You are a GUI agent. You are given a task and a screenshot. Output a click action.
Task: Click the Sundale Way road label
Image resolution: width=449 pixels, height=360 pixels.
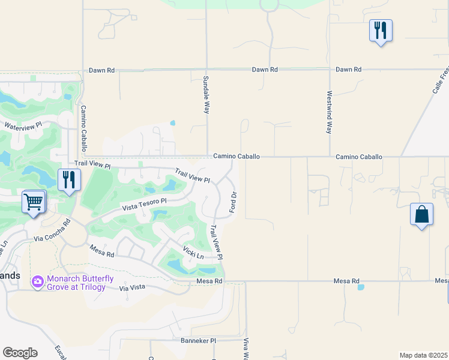click(x=206, y=95)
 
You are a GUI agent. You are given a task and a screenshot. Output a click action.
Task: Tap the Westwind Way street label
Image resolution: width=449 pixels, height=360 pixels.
click(x=330, y=112)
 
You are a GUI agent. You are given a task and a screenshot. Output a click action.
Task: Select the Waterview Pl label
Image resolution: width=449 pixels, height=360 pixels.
click(x=23, y=126)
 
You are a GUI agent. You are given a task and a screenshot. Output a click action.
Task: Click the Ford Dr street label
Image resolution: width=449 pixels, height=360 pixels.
click(x=234, y=202)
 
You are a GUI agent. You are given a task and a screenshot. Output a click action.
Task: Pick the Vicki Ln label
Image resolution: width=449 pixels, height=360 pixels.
click(x=193, y=254)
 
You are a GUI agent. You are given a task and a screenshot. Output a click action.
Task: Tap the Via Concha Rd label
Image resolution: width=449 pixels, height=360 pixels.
click(x=52, y=230)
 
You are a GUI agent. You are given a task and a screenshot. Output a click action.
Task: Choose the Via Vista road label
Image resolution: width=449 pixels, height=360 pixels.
click(x=132, y=288)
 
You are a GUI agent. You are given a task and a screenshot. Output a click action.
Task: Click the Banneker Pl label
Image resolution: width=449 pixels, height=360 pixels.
click(x=198, y=340)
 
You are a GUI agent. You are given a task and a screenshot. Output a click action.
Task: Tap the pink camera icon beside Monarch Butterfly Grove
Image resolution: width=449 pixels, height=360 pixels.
click(x=38, y=281)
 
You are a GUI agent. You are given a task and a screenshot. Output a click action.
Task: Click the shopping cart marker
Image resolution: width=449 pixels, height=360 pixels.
click(x=34, y=202)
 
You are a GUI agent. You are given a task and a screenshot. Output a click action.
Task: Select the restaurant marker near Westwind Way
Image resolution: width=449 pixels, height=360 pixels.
click(x=381, y=31)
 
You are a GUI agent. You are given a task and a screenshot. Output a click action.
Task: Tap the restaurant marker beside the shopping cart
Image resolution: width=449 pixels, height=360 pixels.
click(x=69, y=180)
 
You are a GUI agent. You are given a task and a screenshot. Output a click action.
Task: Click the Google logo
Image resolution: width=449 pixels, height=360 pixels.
click(x=20, y=353)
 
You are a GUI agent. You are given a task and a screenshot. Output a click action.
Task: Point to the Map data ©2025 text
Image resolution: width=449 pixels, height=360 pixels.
click(x=423, y=355)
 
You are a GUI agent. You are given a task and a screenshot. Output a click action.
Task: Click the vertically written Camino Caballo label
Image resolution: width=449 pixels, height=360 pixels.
click(x=84, y=128)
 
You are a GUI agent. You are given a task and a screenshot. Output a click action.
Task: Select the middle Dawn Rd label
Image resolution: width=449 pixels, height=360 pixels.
click(x=265, y=70)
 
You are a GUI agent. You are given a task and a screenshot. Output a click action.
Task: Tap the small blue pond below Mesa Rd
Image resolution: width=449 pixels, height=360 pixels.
click(x=361, y=287)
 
